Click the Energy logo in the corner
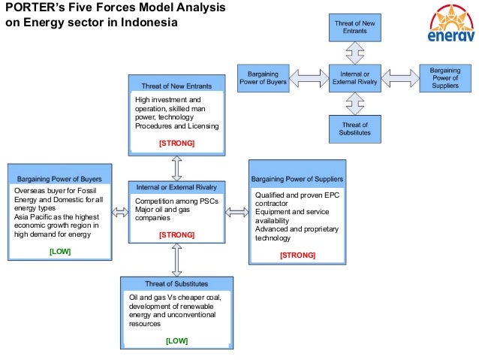450,27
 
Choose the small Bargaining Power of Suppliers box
444,77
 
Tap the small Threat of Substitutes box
354,129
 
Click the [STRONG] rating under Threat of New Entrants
176,142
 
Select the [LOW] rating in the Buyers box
59,252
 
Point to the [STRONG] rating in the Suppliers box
297,256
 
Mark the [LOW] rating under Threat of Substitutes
176,341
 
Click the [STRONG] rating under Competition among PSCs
176,235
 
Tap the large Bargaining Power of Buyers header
59,180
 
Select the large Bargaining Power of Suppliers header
297,180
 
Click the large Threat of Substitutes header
176,284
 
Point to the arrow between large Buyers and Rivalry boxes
119,213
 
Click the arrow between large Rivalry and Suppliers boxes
236,213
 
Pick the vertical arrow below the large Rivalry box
176,259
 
